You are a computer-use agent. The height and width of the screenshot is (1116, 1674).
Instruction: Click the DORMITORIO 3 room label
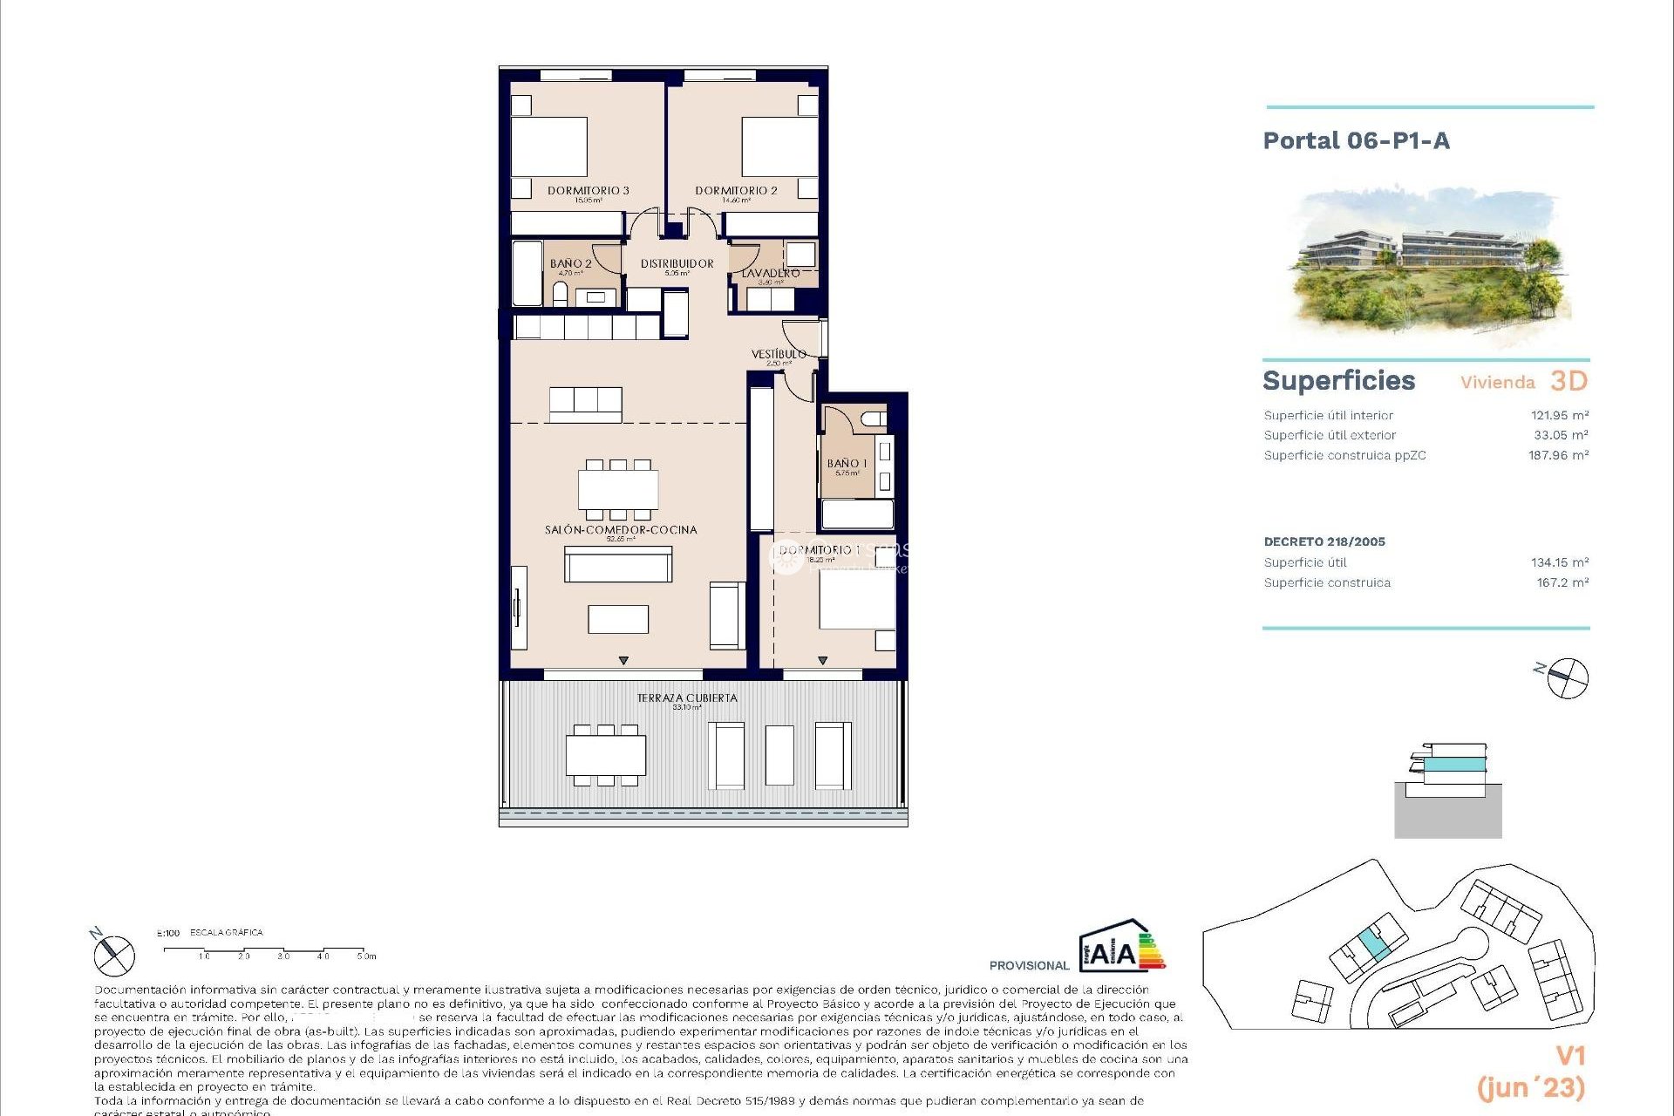[x=588, y=190]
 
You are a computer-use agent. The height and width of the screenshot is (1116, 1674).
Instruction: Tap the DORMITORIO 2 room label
[x=736, y=190]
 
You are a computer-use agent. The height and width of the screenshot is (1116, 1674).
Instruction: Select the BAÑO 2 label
[x=570, y=263]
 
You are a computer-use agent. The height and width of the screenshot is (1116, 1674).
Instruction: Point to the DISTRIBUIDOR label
[x=677, y=263]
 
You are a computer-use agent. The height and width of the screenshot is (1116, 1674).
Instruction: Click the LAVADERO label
[x=770, y=274]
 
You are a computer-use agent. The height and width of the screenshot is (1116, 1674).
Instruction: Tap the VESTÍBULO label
[x=779, y=354]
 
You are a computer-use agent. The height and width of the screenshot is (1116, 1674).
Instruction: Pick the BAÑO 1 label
[x=847, y=464]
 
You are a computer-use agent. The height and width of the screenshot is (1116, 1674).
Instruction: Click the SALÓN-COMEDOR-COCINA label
[x=621, y=529]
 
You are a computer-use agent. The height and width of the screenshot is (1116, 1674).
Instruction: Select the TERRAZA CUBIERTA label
[x=687, y=697]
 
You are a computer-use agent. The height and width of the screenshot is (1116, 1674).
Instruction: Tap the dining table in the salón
[x=618, y=489]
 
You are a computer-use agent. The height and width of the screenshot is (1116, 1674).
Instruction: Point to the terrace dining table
[x=606, y=755]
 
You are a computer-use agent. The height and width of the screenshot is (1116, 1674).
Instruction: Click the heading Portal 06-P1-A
[x=1356, y=141]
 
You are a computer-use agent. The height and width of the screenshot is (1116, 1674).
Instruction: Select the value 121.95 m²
[x=1559, y=415]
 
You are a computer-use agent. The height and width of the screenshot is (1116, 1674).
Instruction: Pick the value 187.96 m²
[x=1558, y=455]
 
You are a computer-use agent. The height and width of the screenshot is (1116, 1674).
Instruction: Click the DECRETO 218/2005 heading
[x=1324, y=541]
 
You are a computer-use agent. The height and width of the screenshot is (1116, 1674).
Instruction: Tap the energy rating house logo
[x=1120, y=946]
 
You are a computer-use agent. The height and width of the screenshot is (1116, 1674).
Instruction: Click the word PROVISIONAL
[x=1029, y=965]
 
